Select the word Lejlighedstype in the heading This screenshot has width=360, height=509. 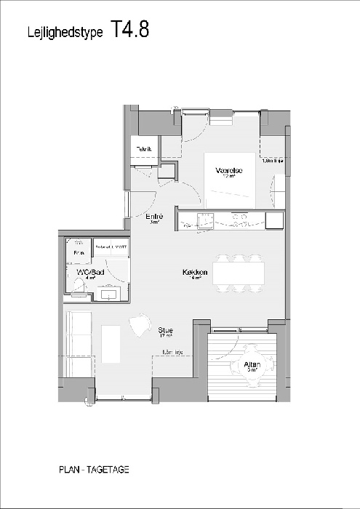point(65,31)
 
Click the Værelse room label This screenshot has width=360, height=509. point(228,171)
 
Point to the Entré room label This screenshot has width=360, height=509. point(154,217)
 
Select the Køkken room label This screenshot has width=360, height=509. point(196,273)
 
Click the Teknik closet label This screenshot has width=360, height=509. point(144,150)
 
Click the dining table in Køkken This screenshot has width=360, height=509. point(239,273)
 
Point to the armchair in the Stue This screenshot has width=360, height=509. point(139,326)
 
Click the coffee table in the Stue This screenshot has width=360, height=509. point(111,344)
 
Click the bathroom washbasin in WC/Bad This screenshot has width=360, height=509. point(108,292)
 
